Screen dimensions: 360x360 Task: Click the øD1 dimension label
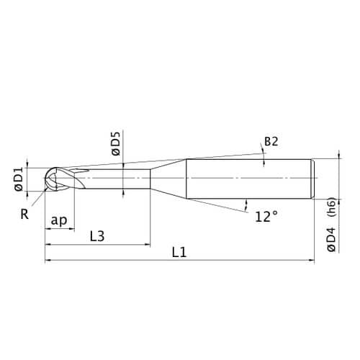tap(19, 179)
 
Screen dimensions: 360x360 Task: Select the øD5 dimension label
tap(116, 144)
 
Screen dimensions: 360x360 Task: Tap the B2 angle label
tap(271, 141)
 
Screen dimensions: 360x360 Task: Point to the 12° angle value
tap(266, 217)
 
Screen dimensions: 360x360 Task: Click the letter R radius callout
tap(24, 214)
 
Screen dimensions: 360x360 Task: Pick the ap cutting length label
tap(59, 220)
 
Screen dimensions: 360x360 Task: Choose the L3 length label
tap(97, 236)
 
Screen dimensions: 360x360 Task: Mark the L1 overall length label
tap(179, 253)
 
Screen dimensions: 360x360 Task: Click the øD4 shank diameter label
tap(331, 240)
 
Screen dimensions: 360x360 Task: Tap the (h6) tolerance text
tap(332, 207)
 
